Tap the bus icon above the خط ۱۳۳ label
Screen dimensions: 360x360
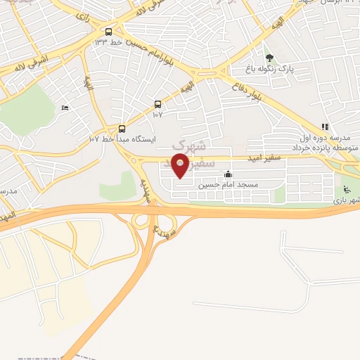point(108,32)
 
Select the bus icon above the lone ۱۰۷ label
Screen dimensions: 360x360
point(157,104)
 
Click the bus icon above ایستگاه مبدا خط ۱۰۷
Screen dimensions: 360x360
point(122,129)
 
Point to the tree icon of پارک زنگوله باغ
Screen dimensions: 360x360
point(268,58)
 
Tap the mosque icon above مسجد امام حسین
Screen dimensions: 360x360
point(227,174)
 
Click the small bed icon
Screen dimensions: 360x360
point(65,108)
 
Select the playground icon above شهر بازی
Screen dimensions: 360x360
point(346,189)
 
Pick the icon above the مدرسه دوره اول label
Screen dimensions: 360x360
point(325,127)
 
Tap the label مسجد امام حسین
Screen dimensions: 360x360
point(228,185)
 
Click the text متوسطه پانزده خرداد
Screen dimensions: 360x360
point(324,147)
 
